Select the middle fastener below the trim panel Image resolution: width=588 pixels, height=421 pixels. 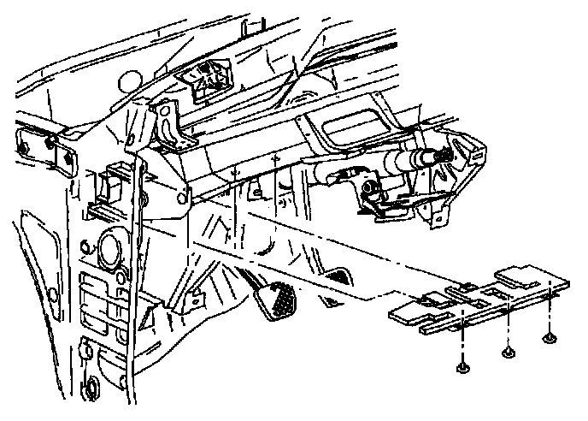[509, 350]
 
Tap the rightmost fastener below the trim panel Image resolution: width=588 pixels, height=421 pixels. [548, 339]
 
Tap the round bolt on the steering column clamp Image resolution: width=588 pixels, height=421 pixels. [371, 187]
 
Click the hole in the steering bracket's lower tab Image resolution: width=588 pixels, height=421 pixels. [437, 220]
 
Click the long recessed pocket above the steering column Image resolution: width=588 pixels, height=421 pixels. [359, 128]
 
